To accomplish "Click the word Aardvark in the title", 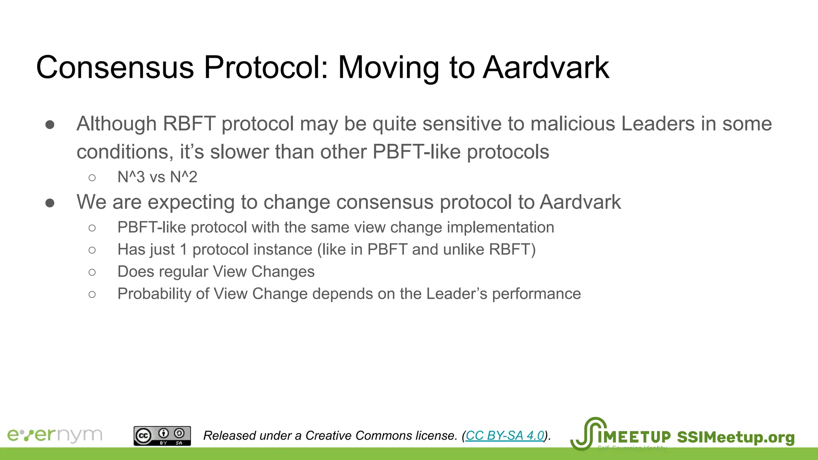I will pos(546,67).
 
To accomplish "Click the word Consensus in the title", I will pos(115,67).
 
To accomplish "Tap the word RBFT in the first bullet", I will pos(189,124).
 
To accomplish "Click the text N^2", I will pos(184,177).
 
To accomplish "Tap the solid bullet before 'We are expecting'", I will pos(50,203).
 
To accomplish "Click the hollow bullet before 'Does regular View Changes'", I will pos(92,272).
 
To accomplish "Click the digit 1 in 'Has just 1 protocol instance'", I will pos(183,250).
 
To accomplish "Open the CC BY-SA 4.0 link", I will pos(505,435).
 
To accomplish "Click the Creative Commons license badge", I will pos(162,436).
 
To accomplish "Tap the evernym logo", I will pos(55,435).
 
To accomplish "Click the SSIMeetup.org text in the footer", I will pos(736,437).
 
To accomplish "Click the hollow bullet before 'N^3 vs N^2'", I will pos(92,178).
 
